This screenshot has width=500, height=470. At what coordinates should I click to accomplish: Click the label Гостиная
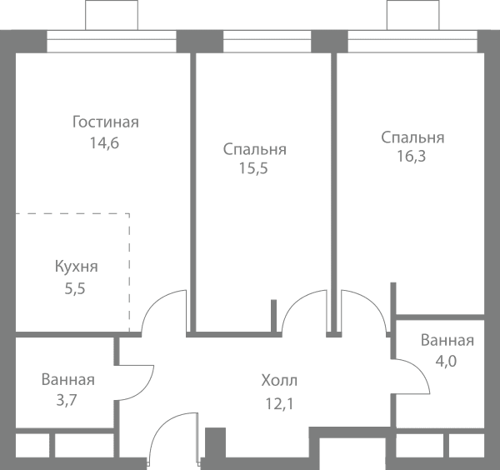coord(106,122)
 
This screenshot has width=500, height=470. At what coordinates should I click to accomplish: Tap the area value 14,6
coord(104,142)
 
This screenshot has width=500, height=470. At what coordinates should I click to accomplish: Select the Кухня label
coord(76,267)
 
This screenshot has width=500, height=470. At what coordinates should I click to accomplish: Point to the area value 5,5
coord(75,289)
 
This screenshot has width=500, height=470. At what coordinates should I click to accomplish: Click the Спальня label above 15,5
coord(254,149)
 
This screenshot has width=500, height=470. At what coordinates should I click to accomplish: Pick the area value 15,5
coord(253,168)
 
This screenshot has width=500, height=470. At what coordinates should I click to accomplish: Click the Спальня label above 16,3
coord(412,137)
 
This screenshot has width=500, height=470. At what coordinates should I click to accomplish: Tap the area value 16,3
coord(412,157)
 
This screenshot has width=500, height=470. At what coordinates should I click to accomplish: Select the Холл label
coord(279,380)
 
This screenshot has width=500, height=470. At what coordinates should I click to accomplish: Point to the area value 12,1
coord(279,404)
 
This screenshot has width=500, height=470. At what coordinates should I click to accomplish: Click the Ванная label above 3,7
coord(68,380)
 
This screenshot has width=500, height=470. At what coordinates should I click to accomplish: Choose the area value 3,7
coord(67,401)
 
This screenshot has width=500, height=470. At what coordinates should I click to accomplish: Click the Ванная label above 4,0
coord(447,340)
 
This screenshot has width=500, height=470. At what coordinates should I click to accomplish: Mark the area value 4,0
coord(446,362)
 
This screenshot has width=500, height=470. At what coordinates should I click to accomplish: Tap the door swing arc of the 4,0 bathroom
coord(420,369)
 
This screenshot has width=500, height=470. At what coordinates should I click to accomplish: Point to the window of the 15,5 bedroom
coord(267,42)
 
